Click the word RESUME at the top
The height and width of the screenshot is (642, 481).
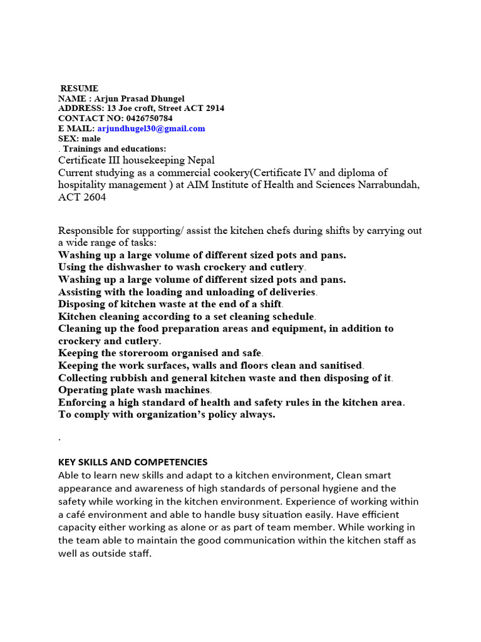(80, 88)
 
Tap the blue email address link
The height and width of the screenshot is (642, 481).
(151, 129)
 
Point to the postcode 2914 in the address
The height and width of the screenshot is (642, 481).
(215, 108)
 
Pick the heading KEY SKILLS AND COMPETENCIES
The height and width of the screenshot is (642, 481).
(133, 462)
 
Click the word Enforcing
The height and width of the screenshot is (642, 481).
(83, 402)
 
